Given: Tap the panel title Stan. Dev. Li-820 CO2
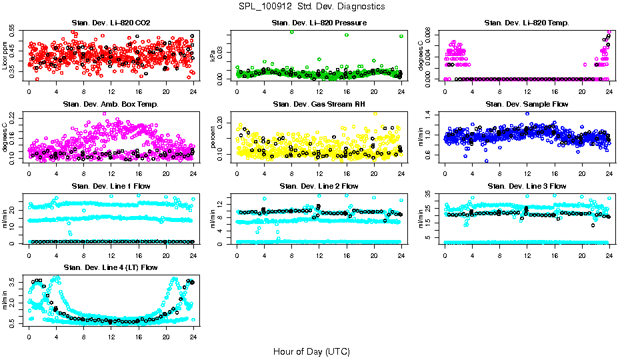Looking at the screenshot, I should (x=111, y=23).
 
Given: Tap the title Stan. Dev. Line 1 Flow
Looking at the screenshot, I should (x=111, y=186).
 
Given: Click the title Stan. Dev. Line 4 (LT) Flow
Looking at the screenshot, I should (x=111, y=267).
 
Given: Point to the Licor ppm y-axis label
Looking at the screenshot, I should (x=6, y=55).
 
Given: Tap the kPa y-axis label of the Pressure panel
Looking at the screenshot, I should (x=214, y=55).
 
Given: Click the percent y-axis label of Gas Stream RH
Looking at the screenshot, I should (x=214, y=137).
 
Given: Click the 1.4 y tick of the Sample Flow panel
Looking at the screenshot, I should (x=430, y=115).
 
